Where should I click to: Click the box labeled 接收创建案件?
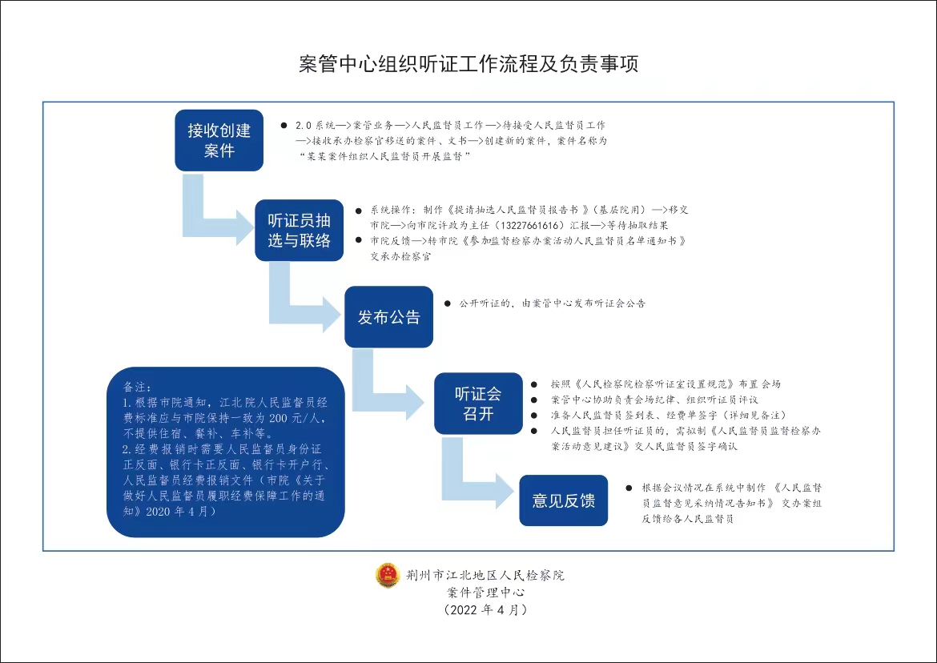click(219, 140)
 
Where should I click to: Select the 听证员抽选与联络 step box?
click(299, 230)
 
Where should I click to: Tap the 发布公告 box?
click(388, 317)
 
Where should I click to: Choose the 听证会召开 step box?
click(478, 404)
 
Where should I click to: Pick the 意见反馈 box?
click(564, 500)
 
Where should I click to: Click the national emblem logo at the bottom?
click(388, 575)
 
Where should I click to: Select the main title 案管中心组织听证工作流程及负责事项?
click(468, 65)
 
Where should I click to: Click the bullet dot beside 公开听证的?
click(447, 304)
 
